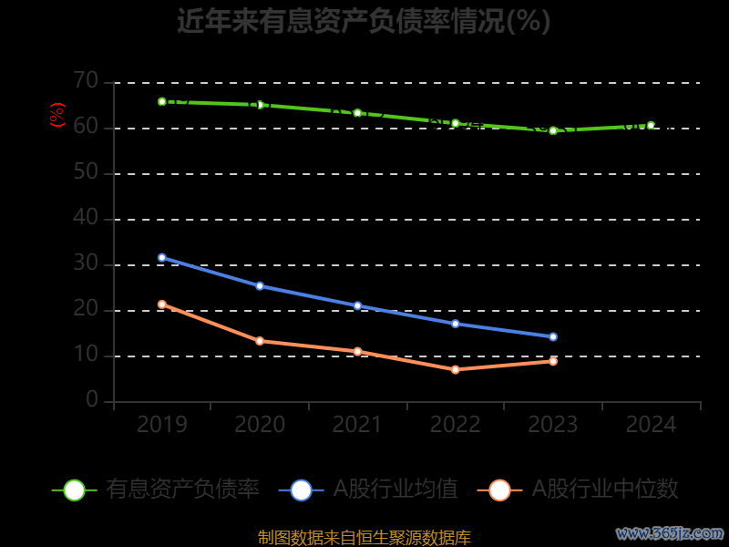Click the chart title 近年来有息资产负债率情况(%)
pos(364,21)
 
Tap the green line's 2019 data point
pos(162,102)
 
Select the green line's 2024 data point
pos(651,126)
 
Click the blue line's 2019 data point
pos(162,258)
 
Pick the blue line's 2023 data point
pos(553,337)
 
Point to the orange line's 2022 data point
pos(456,370)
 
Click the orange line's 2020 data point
pos(260,341)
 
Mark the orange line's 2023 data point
pos(553,362)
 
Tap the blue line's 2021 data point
pos(357,306)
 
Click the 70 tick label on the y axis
pos(86,82)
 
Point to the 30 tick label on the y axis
pos(86,264)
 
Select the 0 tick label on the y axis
pos(92,401)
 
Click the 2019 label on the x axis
pos(162,425)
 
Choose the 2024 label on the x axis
pos(651,425)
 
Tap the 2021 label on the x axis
pos(357,425)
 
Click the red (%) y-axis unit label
pos(57,116)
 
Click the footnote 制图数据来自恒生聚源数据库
pos(364,538)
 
